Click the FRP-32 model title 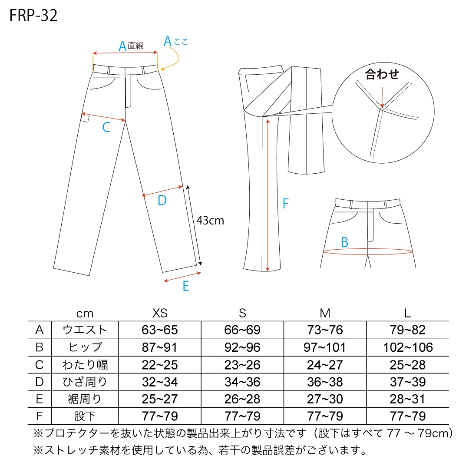(x=33, y=15)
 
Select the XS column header (x=160, y=313)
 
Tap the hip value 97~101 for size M (x=325, y=347)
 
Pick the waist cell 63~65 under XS (x=160, y=330)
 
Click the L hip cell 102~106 (x=408, y=347)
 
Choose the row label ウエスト (x=85, y=330)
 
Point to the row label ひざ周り (x=85, y=382)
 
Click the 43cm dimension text (x=210, y=221)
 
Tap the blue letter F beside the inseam (x=286, y=203)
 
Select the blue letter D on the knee (x=162, y=200)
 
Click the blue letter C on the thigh (x=106, y=127)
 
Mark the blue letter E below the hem (x=186, y=286)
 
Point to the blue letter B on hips (x=344, y=242)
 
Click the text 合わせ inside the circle (x=382, y=74)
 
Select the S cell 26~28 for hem (x=242, y=399)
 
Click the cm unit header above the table (x=85, y=314)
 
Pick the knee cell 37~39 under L (x=408, y=382)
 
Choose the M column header (x=325, y=313)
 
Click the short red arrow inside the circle (x=382, y=97)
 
